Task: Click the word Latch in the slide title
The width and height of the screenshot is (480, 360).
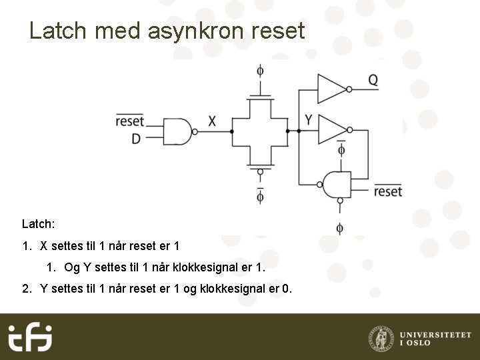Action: (59, 31)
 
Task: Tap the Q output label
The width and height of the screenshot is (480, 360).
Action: (373, 80)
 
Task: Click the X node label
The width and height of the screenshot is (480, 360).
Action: (212, 121)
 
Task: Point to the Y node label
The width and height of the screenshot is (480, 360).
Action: (309, 120)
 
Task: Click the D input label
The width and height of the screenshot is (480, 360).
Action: (136, 139)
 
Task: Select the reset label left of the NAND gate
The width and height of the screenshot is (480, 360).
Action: (129, 121)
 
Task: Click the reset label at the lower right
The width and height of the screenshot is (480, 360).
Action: (388, 191)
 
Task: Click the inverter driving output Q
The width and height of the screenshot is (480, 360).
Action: (331, 88)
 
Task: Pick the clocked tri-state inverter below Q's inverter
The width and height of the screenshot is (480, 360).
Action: (332, 129)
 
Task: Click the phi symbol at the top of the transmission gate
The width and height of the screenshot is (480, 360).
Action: (260, 70)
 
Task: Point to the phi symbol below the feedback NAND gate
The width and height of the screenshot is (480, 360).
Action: (340, 229)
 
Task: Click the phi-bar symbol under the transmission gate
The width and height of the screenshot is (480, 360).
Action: (260, 196)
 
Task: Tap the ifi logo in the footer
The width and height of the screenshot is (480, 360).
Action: (30, 337)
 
